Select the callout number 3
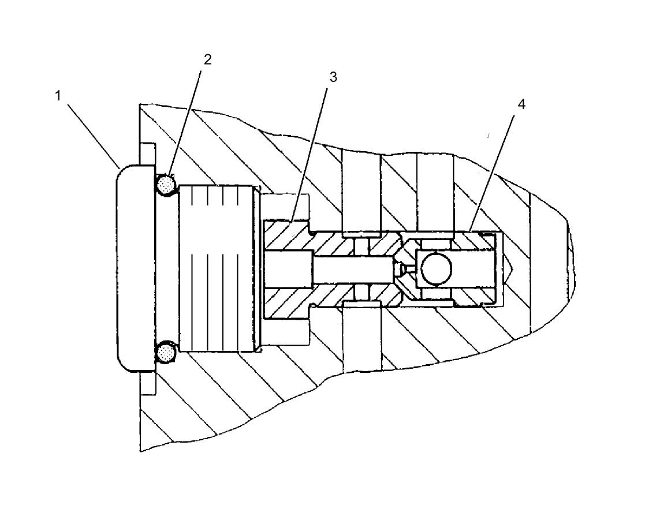[x=333, y=77]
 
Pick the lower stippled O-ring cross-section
[x=166, y=352]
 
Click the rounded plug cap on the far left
[x=136, y=268]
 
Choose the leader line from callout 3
[x=312, y=151]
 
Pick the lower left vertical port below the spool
[x=361, y=338]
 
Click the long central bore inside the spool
[x=352, y=269]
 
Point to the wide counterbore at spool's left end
[x=289, y=269]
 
